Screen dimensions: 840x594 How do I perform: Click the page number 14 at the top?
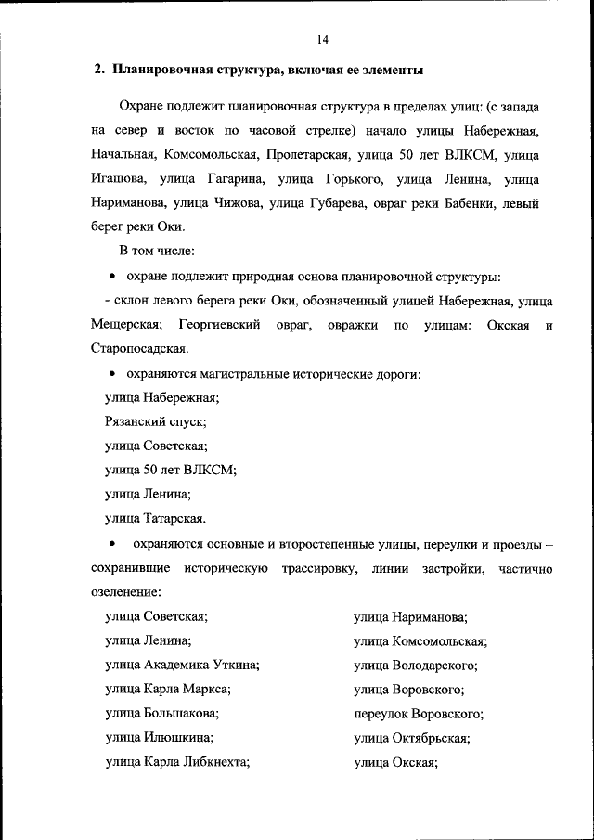322,39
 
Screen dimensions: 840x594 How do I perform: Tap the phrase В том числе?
155,251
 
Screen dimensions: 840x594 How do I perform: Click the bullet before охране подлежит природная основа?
112,276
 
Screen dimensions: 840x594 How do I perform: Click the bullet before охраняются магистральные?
112,374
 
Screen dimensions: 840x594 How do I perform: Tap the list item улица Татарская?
155,518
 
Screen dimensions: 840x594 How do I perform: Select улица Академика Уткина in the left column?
182,666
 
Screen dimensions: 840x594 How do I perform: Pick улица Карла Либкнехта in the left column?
178,762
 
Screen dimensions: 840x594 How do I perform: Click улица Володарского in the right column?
416,666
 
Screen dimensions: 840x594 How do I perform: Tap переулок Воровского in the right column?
419,714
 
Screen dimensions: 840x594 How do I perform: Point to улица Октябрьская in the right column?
412,738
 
